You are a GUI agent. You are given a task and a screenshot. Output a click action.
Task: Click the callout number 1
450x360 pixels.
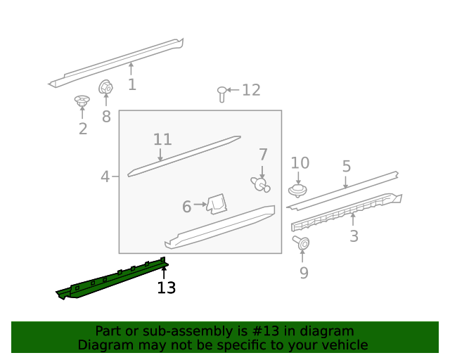(x=132, y=85)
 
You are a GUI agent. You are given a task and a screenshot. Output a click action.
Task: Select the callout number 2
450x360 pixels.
(x=83, y=129)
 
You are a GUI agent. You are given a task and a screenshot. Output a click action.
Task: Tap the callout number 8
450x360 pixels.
(x=106, y=117)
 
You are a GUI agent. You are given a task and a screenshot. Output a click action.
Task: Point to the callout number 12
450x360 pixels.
(x=251, y=90)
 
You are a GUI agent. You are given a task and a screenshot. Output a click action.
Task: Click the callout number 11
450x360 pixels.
(x=162, y=139)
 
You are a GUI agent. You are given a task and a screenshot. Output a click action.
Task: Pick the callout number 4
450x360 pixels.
(x=105, y=176)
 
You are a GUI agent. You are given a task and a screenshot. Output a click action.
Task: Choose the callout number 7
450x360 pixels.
(x=263, y=155)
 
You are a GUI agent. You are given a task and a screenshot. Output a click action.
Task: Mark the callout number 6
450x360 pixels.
(x=187, y=207)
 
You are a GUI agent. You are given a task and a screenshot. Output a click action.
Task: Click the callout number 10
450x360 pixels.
(x=300, y=163)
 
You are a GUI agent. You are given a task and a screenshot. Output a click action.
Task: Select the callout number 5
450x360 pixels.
(x=347, y=167)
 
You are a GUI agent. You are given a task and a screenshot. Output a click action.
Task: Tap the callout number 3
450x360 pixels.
(x=354, y=237)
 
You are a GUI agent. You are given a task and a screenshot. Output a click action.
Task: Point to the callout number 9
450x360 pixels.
(x=304, y=273)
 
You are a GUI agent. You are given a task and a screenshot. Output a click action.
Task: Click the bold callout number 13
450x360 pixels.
(x=167, y=288)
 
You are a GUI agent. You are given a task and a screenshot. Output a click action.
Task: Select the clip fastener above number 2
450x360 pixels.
(x=82, y=102)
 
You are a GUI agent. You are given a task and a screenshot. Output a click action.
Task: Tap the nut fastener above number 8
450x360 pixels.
(x=105, y=88)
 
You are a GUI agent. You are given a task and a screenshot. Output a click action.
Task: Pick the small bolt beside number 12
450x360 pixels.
(x=222, y=94)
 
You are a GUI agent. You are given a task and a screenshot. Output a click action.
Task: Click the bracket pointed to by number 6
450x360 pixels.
(x=217, y=204)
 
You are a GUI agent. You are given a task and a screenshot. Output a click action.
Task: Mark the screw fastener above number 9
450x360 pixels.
(x=303, y=243)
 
